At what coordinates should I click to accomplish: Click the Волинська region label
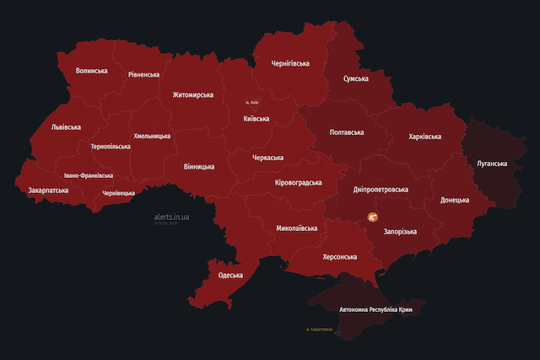[x=91, y=72]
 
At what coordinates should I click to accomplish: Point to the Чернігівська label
[x=290, y=63]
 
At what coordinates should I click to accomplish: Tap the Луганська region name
[x=492, y=163]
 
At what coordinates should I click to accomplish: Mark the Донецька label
[x=461, y=201]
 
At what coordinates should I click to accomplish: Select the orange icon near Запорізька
[x=373, y=218]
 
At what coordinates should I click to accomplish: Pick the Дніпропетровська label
[x=380, y=190]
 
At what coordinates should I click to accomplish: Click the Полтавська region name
[x=347, y=132]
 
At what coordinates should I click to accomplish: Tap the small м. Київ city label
[x=252, y=103]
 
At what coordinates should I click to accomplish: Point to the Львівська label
[x=66, y=127]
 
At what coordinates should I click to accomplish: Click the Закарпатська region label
[x=49, y=191]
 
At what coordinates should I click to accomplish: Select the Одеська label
[x=230, y=275]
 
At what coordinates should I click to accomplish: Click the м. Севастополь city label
[x=326, y=330]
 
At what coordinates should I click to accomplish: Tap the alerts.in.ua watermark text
[x=172, y=217]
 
